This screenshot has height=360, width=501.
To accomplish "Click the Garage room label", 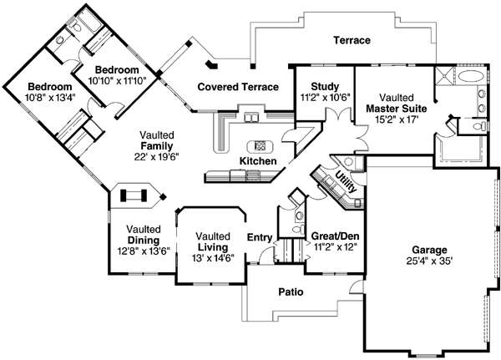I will click(x=429, y=250).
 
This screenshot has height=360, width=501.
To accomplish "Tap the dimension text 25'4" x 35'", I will click(x=429, y=261).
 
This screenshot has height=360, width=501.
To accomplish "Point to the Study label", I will click(x=323, y=86).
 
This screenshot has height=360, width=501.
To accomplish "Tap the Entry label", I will click(x=259, y=237).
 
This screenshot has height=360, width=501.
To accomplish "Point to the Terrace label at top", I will click(x=352, y=40).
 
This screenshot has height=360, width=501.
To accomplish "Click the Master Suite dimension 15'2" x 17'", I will click(x=395, y=119).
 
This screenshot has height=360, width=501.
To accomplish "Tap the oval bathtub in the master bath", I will click(x=471, y=76).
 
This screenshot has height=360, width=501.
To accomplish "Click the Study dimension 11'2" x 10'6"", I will click(x=323, y=97).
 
